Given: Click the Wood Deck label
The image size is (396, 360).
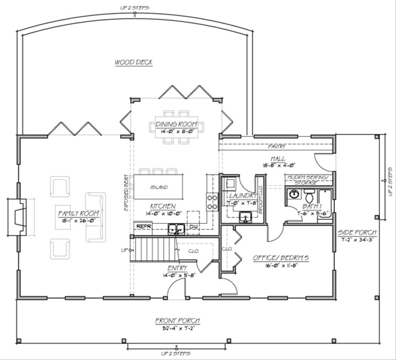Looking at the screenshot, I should [x=133, y=62].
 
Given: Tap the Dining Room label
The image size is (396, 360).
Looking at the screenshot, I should [x=176, y=124].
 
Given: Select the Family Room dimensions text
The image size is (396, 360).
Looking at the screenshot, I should [x=79, y=220].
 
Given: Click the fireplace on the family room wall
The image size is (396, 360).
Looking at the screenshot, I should [x=18, y=217].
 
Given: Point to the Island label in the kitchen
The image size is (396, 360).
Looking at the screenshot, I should [x=159, y=187].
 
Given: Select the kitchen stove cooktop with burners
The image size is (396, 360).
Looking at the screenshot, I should [x=212, y=202].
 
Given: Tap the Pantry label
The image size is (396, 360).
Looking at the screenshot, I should [x=277, y=147].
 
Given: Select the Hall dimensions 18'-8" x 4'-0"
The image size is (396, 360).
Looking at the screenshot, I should [x=279, y=165].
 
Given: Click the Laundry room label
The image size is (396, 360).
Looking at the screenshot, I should [x=242, y=195].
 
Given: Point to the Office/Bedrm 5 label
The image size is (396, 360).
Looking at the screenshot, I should [x=280, y=258].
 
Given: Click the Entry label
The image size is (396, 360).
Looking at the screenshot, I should [x=178, y=268].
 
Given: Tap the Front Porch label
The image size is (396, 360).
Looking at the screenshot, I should [x=178, y=321].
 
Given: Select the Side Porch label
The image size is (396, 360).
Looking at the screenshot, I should [x=357, y=233].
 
